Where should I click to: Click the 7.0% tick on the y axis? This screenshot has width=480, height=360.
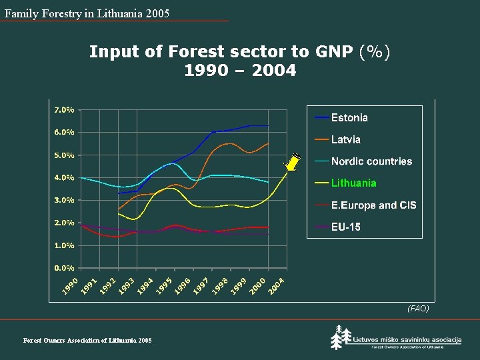tap(64, 109)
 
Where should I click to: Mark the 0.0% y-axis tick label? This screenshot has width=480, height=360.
tap(64, 268)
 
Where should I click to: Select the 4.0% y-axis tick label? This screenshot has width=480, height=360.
tap(64, 177)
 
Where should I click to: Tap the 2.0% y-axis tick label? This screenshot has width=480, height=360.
tap(64, 223)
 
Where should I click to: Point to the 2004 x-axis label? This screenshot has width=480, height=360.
tap(277, 285)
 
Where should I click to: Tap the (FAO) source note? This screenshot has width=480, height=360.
tap(418, 309)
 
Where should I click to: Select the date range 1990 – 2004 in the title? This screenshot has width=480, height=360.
tap(240, 70)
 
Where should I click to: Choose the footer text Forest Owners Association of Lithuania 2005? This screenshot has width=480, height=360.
tap(87, 341)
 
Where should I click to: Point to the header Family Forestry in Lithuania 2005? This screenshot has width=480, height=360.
tap(87, 13)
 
